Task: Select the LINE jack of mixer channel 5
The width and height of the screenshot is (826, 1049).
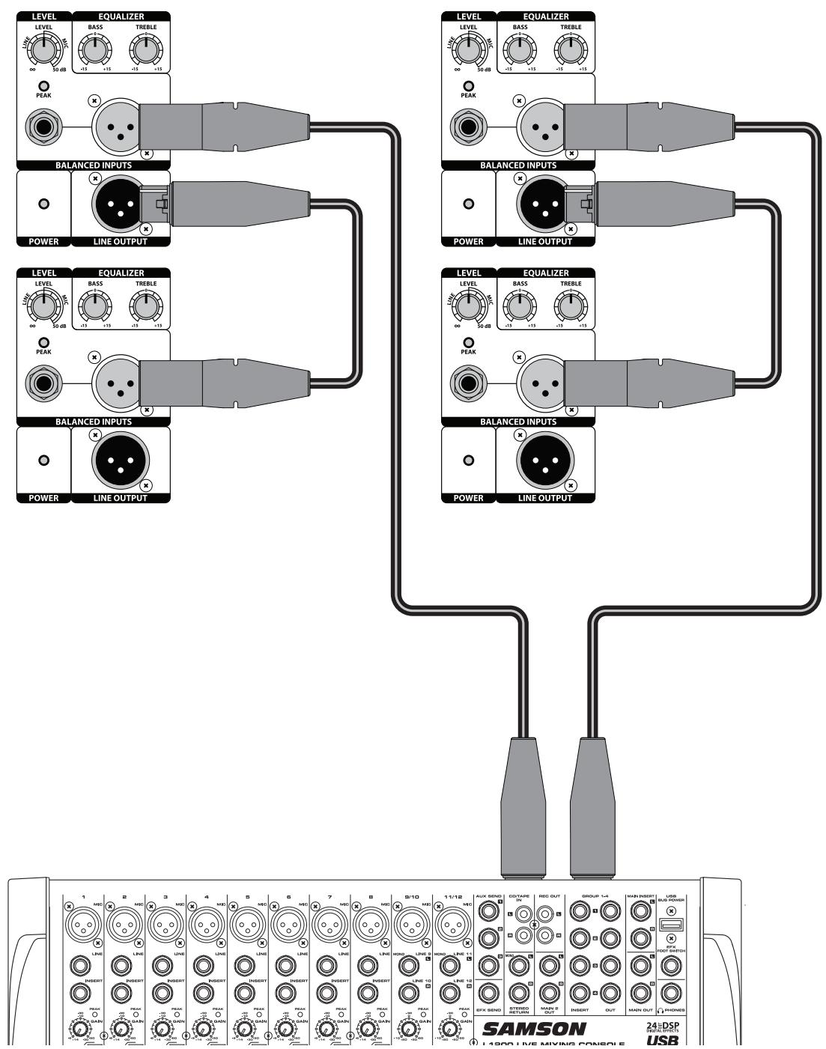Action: (246, 966)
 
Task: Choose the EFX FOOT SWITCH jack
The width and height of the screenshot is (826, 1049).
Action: (670, 968)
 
